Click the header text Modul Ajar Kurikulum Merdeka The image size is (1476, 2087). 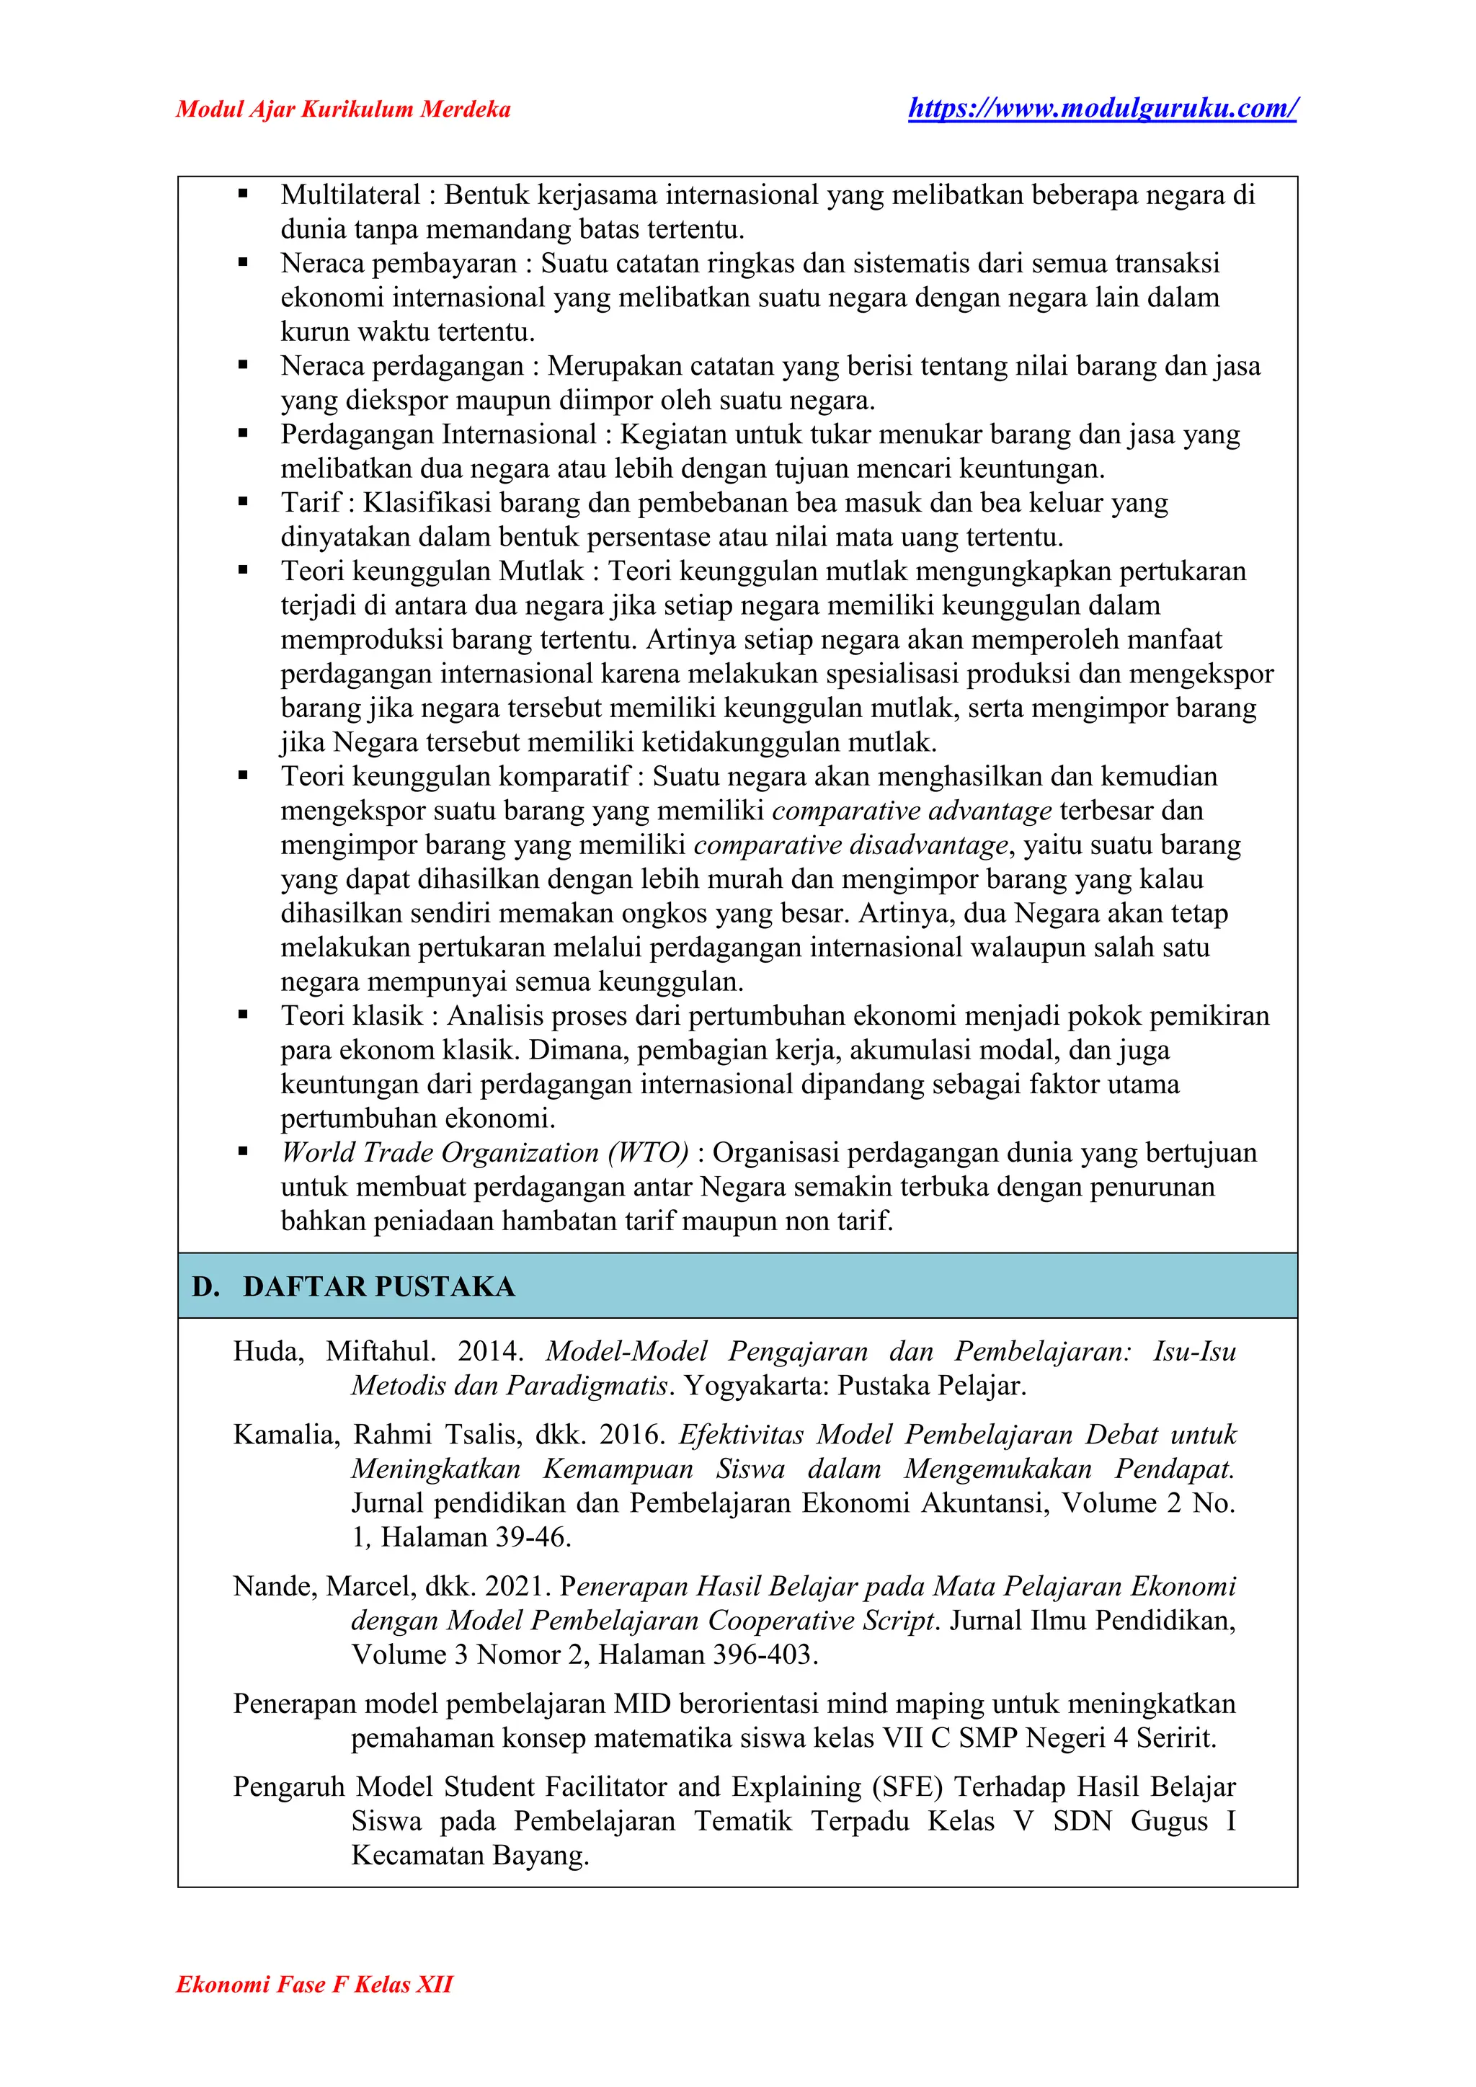tap(342, 110)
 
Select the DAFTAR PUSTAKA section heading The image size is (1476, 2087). tap(378, 1286)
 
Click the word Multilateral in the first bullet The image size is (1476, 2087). tap(350, 195)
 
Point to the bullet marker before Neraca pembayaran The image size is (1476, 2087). tap(243, 264)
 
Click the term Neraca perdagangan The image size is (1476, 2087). tap(401, 366)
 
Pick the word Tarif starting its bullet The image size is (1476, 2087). tap(311, 503)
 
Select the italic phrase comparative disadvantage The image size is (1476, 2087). tap(850, 845)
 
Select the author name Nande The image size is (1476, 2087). tap(272, 1586)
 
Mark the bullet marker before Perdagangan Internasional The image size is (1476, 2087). tap(243, 435)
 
